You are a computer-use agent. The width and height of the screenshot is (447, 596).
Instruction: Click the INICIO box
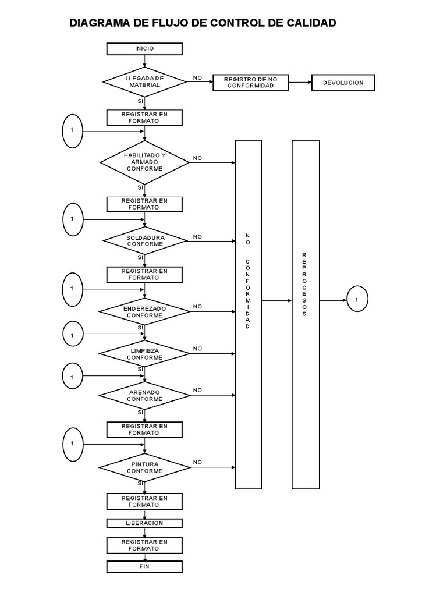(144, 49)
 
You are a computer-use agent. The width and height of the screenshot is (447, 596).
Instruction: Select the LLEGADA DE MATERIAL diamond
(144, 81)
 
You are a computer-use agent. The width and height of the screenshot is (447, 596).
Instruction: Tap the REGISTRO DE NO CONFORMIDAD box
(250, 83)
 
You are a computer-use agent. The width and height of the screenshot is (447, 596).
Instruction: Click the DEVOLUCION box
(343, 83)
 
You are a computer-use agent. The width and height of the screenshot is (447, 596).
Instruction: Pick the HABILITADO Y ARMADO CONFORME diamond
(144, 162)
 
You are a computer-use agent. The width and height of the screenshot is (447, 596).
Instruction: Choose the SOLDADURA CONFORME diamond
(145, 241)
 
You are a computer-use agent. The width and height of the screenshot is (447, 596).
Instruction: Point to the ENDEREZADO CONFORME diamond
(144, 312)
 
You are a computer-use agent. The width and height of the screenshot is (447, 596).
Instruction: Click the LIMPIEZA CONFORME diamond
(144, 354)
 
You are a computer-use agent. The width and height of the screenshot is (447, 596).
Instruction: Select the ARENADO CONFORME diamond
(144, 395)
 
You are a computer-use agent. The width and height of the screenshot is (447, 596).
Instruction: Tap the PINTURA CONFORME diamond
(144, 467)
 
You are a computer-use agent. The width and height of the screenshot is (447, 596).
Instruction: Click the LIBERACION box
(144, 523)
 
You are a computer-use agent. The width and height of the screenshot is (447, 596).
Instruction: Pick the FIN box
(144, 566)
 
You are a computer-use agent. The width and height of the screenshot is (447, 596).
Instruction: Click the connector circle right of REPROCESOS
(357, 299)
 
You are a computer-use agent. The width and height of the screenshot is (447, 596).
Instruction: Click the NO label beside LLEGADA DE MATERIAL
(198, 78)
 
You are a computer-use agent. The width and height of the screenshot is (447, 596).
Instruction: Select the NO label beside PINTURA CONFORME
(198, 462)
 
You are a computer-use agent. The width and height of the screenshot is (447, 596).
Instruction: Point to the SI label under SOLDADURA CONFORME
(141, 257)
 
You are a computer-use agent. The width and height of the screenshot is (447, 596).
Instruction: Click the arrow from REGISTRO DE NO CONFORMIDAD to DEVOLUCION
(300, 82)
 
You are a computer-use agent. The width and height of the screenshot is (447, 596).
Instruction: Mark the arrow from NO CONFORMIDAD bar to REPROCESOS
(276, 301)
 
